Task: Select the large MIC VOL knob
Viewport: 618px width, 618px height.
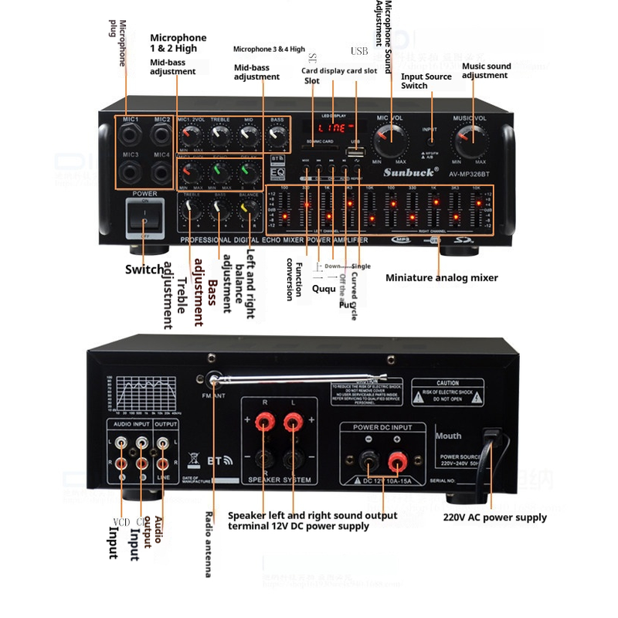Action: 390,141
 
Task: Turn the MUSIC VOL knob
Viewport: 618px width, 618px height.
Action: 470,141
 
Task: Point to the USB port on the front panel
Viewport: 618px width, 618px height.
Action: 355,152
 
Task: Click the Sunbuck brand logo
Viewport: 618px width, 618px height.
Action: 416,170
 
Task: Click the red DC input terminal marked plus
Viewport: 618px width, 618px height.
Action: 397,462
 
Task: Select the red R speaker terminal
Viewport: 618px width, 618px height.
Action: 263,422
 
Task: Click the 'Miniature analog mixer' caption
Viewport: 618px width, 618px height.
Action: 441,278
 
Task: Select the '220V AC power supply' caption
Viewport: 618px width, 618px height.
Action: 494,518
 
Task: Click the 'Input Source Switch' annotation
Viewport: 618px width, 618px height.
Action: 426,81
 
